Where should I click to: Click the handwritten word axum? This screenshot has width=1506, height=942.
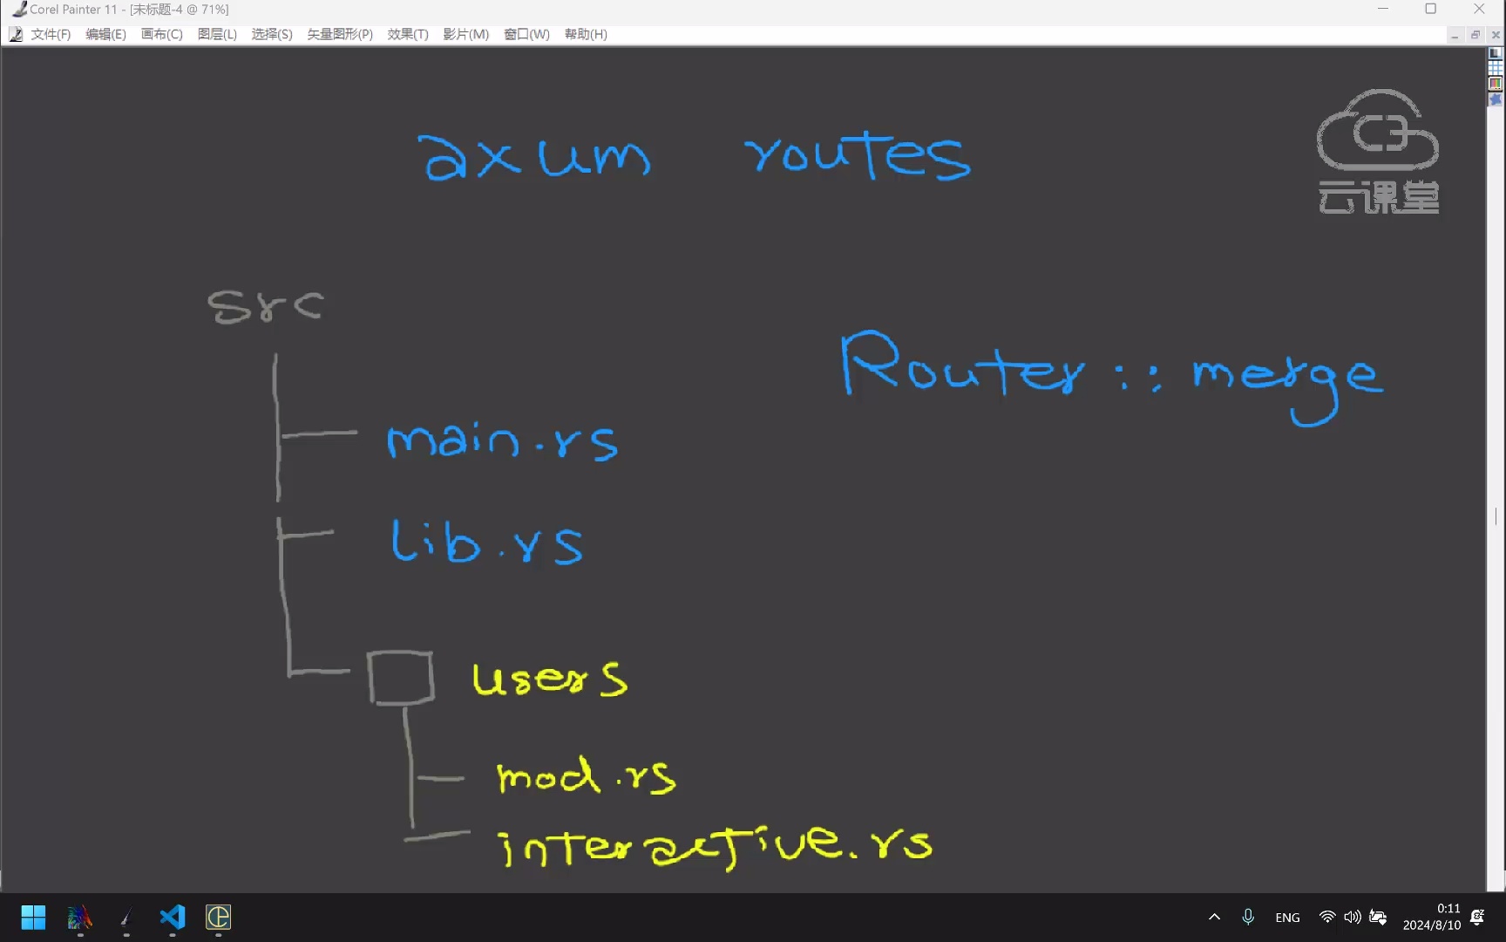click(533, 158)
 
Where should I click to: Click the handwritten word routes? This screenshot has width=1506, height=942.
click(858, 155)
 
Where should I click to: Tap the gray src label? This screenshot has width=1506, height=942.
click(265, 306)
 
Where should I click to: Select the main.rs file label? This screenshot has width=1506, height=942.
click(502, 440)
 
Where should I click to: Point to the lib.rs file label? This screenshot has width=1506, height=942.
click(486, 543)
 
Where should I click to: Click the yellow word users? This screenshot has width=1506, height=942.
click(549, 679)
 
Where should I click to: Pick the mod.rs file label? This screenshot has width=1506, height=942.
click(586, 775)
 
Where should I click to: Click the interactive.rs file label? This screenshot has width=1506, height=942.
click(713, 845)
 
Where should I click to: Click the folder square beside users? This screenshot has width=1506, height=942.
click(400, 678)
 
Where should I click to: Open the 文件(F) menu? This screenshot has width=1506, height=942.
click(51, 34)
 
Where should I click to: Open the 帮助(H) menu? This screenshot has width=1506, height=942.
click(586, 34)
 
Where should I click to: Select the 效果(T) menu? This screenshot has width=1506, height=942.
click(408, 34)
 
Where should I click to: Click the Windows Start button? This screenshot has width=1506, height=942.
click(33, 917)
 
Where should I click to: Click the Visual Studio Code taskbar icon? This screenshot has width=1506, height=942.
click(173, 917)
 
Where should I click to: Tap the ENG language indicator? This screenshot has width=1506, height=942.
click(1287, 918)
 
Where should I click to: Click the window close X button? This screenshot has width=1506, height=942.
click(1479, 9)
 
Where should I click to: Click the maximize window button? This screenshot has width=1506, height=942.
click(1430, 9)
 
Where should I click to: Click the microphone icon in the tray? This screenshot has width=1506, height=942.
click(1248, 917)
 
